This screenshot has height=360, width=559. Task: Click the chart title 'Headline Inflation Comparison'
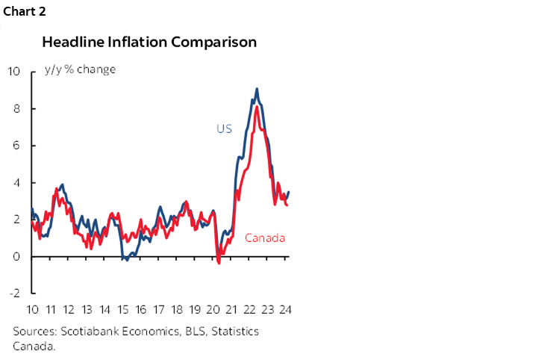click(x=149, y=42)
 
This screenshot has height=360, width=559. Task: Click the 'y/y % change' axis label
click(x=81, y=70)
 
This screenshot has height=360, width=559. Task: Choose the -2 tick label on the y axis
click(x=15, y=294)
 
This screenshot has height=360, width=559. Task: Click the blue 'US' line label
click(x=224, y=129)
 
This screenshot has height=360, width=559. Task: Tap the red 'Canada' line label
click(x=265, y=238)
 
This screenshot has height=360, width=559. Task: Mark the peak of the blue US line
click(x=257, y=89)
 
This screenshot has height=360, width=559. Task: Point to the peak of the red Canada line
click(x=257, y=107)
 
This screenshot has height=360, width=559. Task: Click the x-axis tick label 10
click(x=33, y=310)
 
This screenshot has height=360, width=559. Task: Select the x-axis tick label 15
click(x=123, y=310)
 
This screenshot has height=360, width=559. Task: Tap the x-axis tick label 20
click(x=213, y=310)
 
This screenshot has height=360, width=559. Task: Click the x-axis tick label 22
click(x=250, y=310)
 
